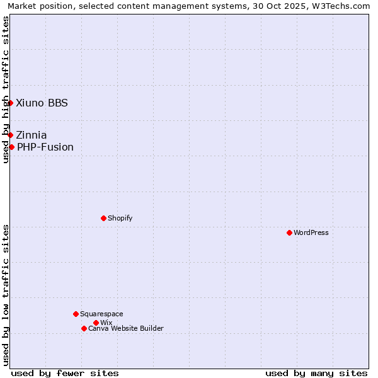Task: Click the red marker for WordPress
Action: coord(289,232)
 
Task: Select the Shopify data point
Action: coord(103,218)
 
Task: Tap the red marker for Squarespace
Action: coord(76,314)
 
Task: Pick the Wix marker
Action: coord(96,323)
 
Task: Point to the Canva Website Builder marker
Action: coord(84,328)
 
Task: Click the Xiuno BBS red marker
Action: coord(10,103)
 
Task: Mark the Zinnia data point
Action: coord(10,135)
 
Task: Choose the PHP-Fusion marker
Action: coord(11,147)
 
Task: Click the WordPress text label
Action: coord(311,232)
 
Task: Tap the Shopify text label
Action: coord(120,218)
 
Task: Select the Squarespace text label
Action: coord(101,314)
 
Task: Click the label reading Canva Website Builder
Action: coord(126,328)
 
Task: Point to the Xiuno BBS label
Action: coord(42,103)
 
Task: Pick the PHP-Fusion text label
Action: coord(45,147)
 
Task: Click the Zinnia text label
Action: coord(31,135)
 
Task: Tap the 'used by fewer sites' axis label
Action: coord(65,373)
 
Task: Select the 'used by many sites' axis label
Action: coord(316,373)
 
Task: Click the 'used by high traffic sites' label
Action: coord(6,89)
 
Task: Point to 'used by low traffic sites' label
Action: coord(6,295)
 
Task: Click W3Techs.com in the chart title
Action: coord(345,6)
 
